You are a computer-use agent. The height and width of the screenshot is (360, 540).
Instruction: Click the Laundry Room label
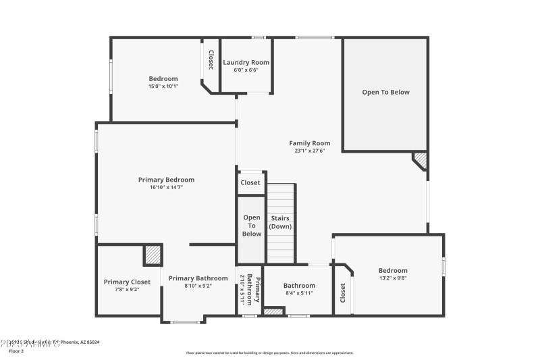[246, 62]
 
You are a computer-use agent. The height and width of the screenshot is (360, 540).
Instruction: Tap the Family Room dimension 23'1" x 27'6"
[310, 151]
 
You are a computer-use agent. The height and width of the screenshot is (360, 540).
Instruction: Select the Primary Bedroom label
[166, 180]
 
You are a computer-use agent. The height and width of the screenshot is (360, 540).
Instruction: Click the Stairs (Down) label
[281, 222]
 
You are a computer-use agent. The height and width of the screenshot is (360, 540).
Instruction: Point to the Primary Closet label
[127, 282]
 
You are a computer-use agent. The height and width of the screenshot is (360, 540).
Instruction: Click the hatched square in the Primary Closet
[153, 255]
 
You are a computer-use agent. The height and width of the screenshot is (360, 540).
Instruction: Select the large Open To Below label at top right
[385, 92]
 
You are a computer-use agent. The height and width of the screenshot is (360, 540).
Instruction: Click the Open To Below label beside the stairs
[252, 226]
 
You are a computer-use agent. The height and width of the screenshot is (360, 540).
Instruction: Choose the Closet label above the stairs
[250, 182]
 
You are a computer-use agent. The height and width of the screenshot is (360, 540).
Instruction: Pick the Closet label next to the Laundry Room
[211, 60]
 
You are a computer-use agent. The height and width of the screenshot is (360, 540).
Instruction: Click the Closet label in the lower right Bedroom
[343, 292]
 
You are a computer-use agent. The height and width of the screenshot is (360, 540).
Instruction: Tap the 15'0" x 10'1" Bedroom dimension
[163, 86]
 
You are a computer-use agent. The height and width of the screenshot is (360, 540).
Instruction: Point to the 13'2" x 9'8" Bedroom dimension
[393, 278]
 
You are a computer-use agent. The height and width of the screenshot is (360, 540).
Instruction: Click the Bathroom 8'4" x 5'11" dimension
[299, 293]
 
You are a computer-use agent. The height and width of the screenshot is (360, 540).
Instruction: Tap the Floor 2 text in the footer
[16, 351]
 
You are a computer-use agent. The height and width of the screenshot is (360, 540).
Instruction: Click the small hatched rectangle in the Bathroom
[273, 311]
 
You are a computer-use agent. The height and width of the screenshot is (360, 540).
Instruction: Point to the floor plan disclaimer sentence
[269, 353]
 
